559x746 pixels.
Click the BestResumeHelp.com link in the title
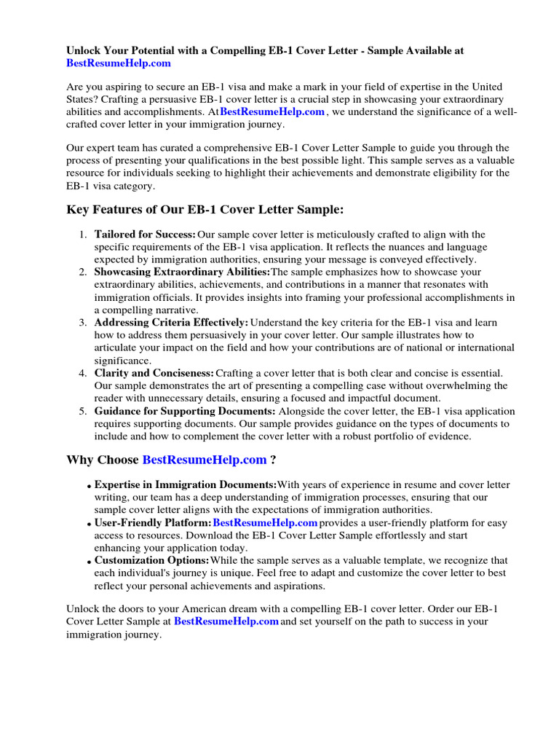pyautogui.click(x=119, y=63)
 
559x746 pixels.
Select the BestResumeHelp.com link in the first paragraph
pyautogui.click(x=272, y=112)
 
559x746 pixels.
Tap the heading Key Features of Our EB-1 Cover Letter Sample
pyautogui.click(x=205, y=210)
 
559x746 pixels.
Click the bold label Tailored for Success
pyautogui.click(x=145, y=234)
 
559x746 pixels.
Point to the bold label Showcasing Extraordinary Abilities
pyautogui.click(x=182, y=272)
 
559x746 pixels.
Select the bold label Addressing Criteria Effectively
pyautogui.click(x=171, y=322)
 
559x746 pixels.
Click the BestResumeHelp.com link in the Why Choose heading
pyautogui.click(x=205, y=460)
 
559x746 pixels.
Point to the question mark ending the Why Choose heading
pyautogui.click(x=273, y=460)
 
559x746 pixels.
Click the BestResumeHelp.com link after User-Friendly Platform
pyautogui.click(x=265, y=523)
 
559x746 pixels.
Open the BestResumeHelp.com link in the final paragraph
pyautogui.click(x=226, y=621)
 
